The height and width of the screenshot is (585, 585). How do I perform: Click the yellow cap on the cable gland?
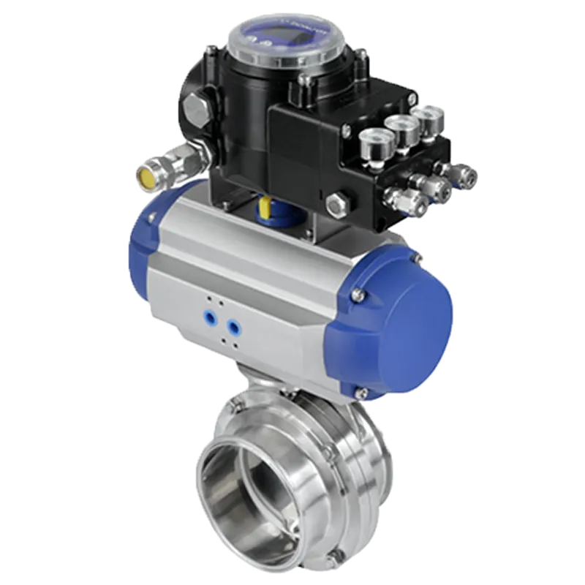(144, 175)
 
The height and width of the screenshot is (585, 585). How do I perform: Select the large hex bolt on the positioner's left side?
(195, 111)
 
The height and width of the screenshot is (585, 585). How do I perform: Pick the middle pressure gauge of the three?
(401, 127)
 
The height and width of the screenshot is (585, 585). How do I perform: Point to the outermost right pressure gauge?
(427, 117)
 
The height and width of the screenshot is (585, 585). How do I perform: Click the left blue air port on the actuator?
(210, 317)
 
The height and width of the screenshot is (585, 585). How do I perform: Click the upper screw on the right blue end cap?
(417, 258)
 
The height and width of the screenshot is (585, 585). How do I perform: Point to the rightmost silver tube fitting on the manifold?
(465, 173)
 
